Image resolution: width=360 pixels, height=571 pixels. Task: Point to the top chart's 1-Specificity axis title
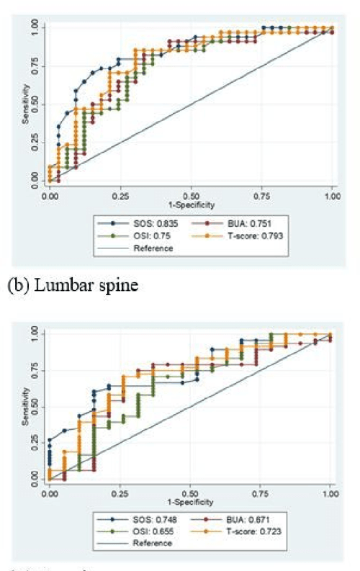(x=190, y=205)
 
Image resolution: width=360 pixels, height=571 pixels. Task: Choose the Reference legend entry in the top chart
(x=153, y=248)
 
